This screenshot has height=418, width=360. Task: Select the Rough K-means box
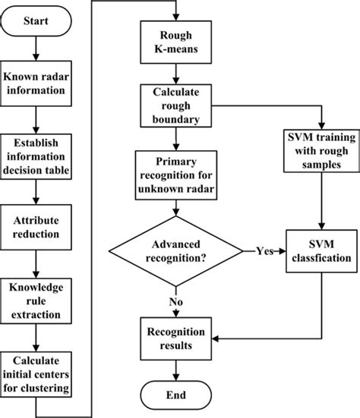point(176,41)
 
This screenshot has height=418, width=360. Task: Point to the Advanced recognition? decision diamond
point(176,250)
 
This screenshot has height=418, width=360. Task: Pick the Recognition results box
point(176,338)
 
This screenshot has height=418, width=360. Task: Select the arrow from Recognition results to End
point(176,368)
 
